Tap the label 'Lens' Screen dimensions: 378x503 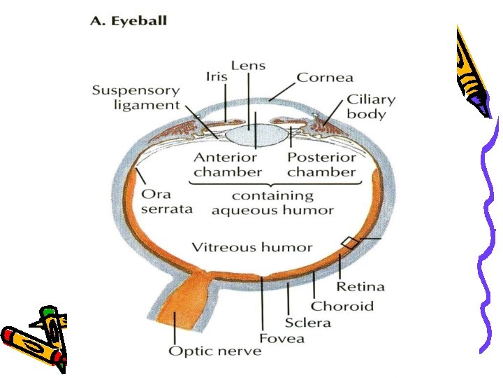pyautogui.click(x=248, y=66)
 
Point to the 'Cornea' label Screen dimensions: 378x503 pyautogui.click(x=325, y=78)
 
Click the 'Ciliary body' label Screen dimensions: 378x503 pyautogui.click(x=371, y=106)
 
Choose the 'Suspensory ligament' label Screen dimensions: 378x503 pyautogui.click(x=136, y=98)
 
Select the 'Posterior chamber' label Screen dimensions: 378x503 pyautogui.click(x=321, y=164)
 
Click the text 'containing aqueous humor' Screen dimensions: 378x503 pyautogui.click(x=272, y=203)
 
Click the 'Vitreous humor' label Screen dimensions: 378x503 pyautogui.click(x=252, y=247)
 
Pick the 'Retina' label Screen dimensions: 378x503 pyautogui.click(x=360, y=286)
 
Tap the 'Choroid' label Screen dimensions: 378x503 pyautogui.click(x=342, y=306)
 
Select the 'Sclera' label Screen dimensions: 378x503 pyautogui.click(x=307, y=323)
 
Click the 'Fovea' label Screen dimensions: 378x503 pyautogui.click(x=282, y=339)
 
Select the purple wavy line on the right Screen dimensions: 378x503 pyautogui.click(x=489, y=238)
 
